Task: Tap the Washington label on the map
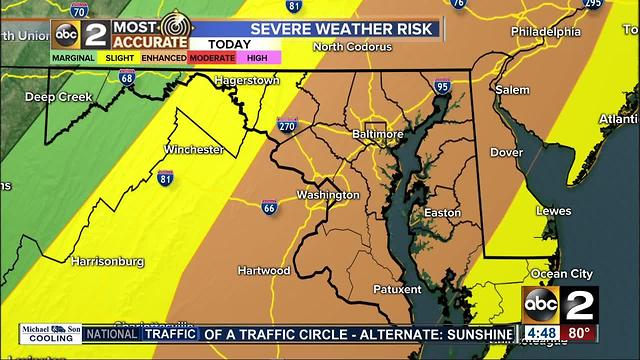point(328,194)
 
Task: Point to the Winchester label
point(193,150)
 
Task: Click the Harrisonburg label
point(108,261)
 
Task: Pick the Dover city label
point(506,152)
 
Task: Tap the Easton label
point(442,213)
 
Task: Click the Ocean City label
point(561,273)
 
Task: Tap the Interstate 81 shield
point(165,178)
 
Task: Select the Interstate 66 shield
point(269,208)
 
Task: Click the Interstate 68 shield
point(126,78)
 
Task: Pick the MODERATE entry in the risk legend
point(212,58)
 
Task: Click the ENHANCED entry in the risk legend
point(162,58)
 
